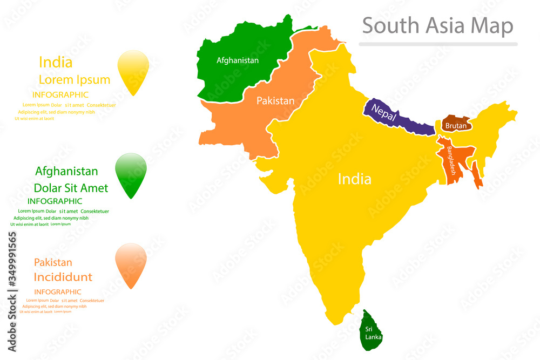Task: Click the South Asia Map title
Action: point(437,25)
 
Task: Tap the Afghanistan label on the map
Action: point(237,60)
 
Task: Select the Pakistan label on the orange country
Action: point(275,100)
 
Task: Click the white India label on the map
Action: point(354,179)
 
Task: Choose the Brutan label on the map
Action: point(456,126)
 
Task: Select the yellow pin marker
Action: point(133,72)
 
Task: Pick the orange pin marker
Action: point(131,265)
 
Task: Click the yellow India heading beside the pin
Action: point(56,62)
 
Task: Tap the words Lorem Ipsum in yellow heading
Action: point(75,80)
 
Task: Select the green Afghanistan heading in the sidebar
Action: point(66,172)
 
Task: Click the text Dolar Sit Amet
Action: point(71,188)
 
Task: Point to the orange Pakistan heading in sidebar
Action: point(53,263)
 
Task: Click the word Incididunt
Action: point(63,277)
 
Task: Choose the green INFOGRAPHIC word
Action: point(55,201)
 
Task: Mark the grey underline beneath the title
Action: point(438,44)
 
